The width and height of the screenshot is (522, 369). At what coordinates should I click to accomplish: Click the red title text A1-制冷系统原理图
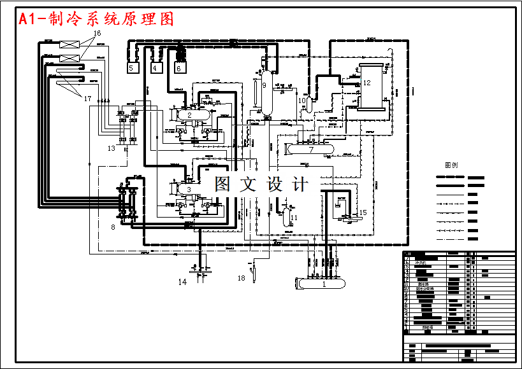pos(96,20)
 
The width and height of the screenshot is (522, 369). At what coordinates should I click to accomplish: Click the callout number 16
pos(97,32)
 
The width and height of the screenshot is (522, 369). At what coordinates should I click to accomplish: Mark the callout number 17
pos(87,98)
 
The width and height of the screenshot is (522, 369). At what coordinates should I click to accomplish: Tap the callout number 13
pos(111,148)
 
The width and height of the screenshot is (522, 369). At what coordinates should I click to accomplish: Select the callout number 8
pos(113,226)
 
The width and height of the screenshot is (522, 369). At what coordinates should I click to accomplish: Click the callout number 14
pos(182,282)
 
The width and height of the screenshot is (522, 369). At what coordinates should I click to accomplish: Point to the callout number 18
pos(241,278)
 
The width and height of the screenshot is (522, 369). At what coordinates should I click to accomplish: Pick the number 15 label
pos(363,212)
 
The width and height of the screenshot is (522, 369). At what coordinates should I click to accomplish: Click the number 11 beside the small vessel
pos(294,218)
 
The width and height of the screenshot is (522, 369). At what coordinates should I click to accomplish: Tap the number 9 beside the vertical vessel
pos(264,85)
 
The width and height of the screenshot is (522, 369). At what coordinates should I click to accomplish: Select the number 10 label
pos(302,100)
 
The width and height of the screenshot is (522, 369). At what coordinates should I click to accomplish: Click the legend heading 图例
pos(451,165)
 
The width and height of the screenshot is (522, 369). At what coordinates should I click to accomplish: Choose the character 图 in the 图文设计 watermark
pos(222,184)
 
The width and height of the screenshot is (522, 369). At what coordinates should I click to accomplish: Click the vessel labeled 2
pos(189,115)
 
